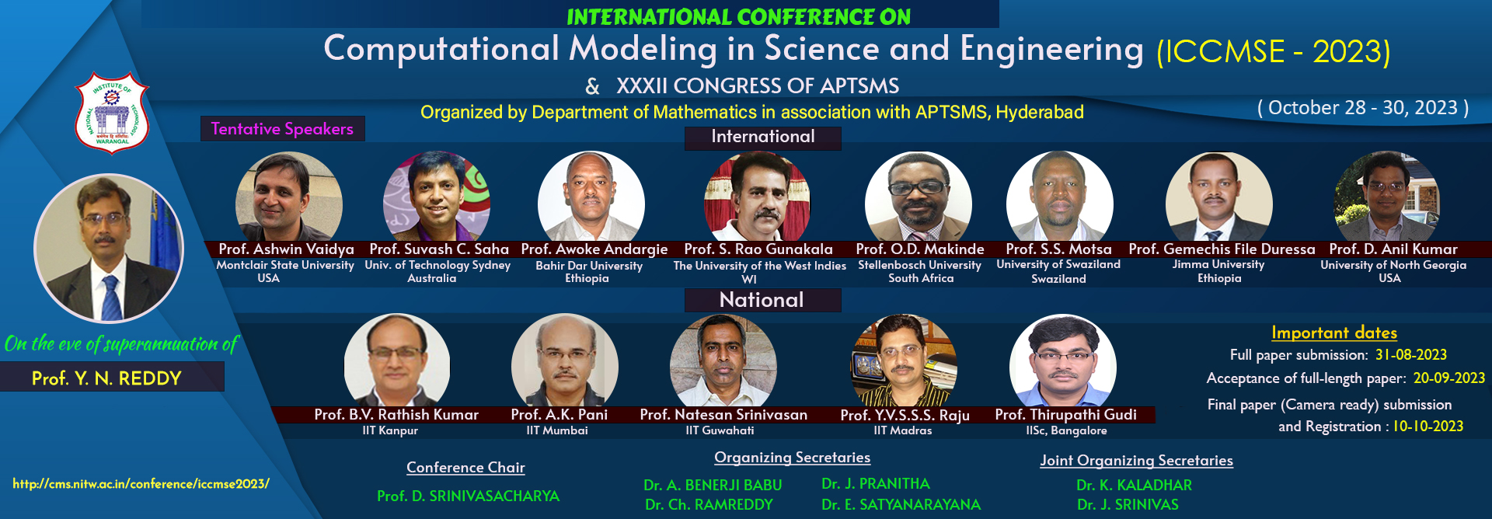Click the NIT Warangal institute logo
click(x=112, y=113)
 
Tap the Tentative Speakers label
click(x=282, y=129)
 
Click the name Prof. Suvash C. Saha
click(x=439, y=249)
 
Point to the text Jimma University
click(x=1218, y=265)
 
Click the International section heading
click(x=762, y=138)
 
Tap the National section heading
click(x=762, y=300)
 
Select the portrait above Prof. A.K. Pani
click(x=564, y=362)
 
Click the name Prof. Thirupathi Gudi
click(x=1065, y=415)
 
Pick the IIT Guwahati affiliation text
click(x=720, y=430)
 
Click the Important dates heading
click(x=1333, y=333)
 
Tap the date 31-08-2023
click(x=1410, y=355)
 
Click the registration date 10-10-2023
click(x=1428, y=427)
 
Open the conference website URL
click(x=141, y=484)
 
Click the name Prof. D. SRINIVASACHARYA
click(x=468, y=496)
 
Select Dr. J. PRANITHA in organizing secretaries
click(x=875, y=484)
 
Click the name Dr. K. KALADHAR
click(x=1134, y=486)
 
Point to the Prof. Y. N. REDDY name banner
click(x=107, y=378)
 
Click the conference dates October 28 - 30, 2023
click(x=1362, y=108)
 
